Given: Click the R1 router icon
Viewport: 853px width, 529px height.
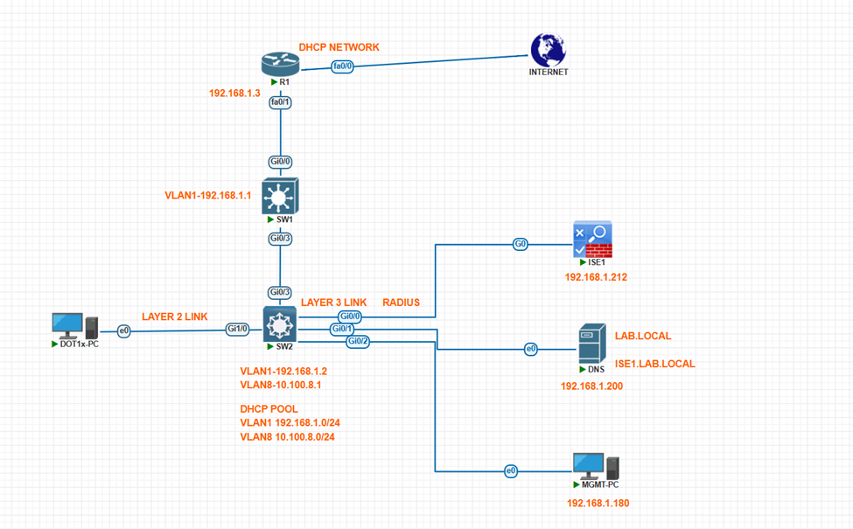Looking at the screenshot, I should point(280,64).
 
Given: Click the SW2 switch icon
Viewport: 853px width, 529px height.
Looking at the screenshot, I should point(280,324).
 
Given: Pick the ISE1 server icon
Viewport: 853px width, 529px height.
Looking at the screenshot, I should point(592,239).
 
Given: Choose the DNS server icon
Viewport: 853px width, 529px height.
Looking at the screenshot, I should point(591,344).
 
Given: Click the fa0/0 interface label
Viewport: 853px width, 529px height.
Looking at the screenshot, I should point(343,66).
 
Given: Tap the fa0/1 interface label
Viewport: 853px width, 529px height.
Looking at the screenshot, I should point(280,102).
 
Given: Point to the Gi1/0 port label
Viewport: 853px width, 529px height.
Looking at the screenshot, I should point(237,329).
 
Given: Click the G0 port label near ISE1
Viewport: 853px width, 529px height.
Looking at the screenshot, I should point(521,245).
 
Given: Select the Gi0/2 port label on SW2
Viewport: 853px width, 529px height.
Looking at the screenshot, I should point(358,341).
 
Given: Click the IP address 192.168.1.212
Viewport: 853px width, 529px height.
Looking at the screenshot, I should point(597,277).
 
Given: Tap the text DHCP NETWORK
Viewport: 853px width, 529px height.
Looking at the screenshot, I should point(339,47).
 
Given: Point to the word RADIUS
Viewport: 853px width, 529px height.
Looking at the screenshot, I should point(401,303).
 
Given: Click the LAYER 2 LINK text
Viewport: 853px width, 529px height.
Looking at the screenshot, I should point(175,317).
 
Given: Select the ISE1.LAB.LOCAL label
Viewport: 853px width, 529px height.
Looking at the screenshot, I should point(655,364).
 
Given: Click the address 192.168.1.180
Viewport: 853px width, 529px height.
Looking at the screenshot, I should point(598,503).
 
